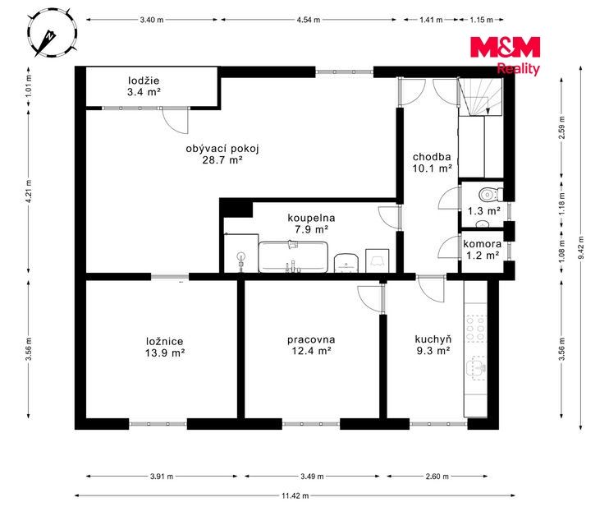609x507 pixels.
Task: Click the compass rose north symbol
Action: click(52, 35)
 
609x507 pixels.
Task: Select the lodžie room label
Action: click(144, 86)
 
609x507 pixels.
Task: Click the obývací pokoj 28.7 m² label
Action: click(222, 154)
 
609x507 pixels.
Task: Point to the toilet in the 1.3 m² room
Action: click(492, 193)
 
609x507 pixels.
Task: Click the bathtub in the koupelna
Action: click(293, 257)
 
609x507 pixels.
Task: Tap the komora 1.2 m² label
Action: click(482, 250)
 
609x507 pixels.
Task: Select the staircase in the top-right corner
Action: click(480, 97)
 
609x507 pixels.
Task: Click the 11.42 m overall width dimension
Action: click(295, 495)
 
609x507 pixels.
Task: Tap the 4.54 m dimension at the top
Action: click(309, 20)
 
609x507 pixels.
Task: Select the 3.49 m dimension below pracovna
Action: click(312, 477)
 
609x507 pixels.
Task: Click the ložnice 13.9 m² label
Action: click(165, 348)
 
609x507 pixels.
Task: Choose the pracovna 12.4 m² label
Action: click(311, 345)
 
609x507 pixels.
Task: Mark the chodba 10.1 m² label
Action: click(432, 163)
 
